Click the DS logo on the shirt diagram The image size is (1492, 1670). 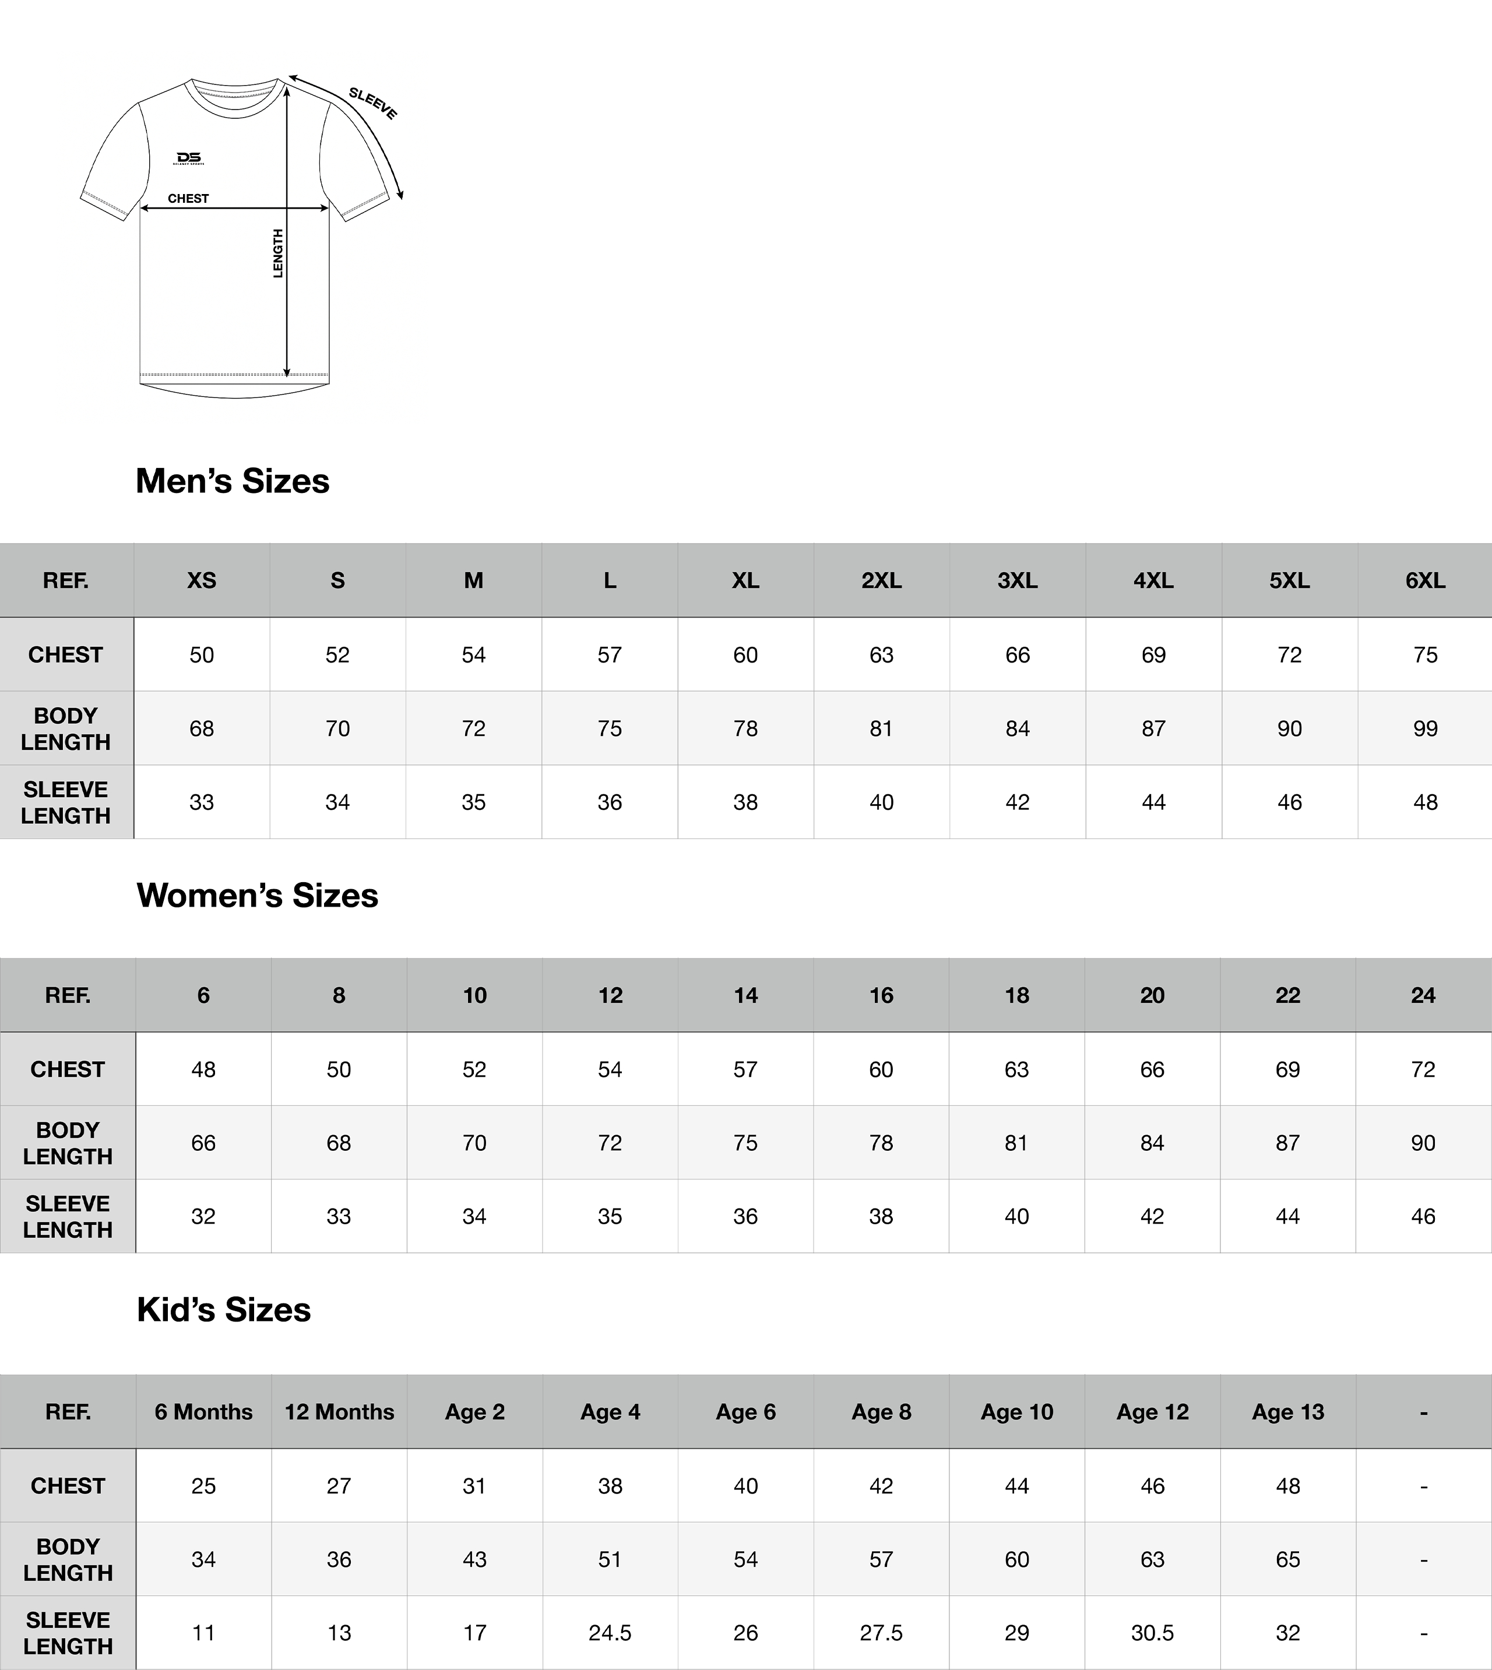point(189,158)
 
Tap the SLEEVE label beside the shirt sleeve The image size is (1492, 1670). point(373,103)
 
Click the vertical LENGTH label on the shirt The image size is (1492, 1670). point(278,253)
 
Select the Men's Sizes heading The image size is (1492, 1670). point(232,481)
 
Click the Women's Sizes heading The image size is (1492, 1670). point(258,896)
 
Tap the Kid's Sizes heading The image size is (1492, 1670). point(224,1310)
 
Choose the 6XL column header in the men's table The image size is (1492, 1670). point(1425,581)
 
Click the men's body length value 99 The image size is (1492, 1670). point(1425,728)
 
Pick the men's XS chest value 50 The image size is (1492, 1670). point(202,655)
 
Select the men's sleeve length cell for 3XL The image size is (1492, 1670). point(1018,802)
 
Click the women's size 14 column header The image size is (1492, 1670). point(745,996)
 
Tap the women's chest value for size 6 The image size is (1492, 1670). point(203,1069)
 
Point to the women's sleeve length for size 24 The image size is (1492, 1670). point(1423,1217)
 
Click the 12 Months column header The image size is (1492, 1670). point(339,1412)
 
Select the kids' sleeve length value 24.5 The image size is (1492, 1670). point(610,1633)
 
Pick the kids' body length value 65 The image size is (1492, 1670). point(1288,1559)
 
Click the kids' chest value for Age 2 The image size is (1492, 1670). point(474,1486)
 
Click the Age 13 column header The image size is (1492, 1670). point(1288,1412)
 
